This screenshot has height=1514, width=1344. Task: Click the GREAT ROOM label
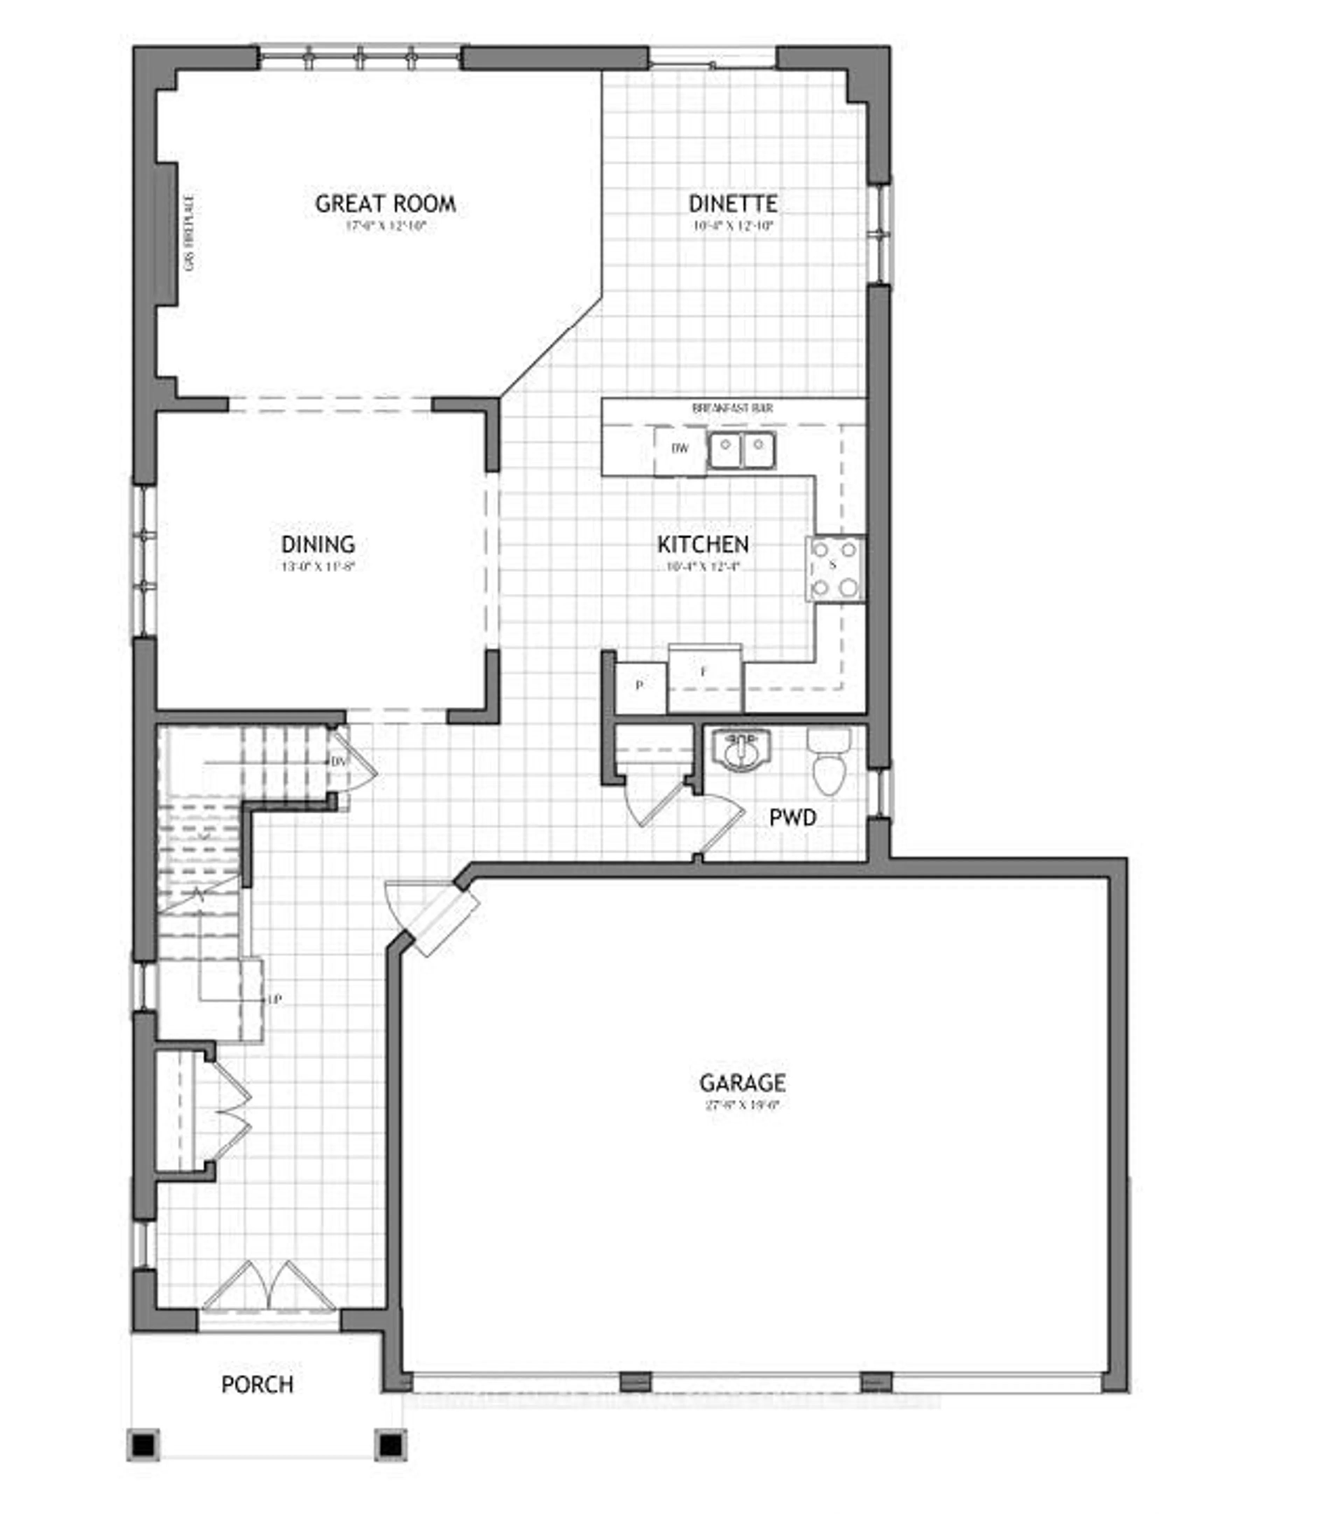coord(385,204)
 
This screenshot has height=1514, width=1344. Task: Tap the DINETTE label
coord(733,204)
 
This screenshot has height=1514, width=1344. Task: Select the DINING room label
coord(318,545)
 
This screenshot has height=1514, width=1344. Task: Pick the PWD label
coord(793,818)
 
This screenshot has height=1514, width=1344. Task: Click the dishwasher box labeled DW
coord(679,449)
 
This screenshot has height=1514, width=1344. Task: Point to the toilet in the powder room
coord(829,763)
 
